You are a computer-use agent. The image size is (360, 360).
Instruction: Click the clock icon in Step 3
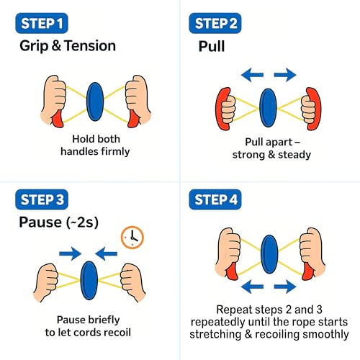click(x=132, y=236)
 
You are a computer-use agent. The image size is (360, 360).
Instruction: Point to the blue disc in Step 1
click(x=95, y=101)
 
